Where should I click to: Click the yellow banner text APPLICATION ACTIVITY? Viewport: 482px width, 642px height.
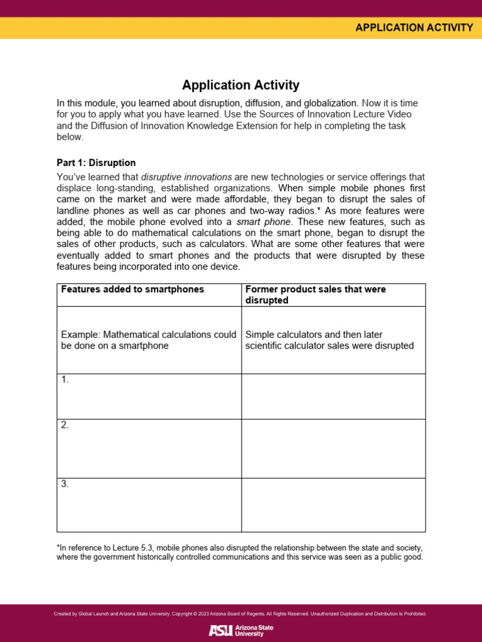point(414,27)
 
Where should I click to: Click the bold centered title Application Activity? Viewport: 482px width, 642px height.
point(240,85)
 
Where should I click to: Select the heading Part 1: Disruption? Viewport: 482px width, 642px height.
point(96,162)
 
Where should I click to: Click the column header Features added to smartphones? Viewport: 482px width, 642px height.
point(132,289)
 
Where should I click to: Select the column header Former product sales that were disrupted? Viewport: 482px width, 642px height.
point(315,295)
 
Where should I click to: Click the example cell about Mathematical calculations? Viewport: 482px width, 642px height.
point(149,340)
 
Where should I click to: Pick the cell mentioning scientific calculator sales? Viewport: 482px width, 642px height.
point(329,340)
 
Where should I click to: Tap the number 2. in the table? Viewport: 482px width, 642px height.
point(65,425)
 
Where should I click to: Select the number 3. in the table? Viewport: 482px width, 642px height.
point(65,484)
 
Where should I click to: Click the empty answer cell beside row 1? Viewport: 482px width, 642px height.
point(333,396)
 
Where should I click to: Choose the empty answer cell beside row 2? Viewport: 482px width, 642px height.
point(333,448)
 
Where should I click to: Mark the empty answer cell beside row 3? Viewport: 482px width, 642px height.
point(333,505)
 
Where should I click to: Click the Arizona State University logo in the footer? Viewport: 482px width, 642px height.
point(240,630)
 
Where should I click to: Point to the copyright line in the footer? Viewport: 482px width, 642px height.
point(240,614)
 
